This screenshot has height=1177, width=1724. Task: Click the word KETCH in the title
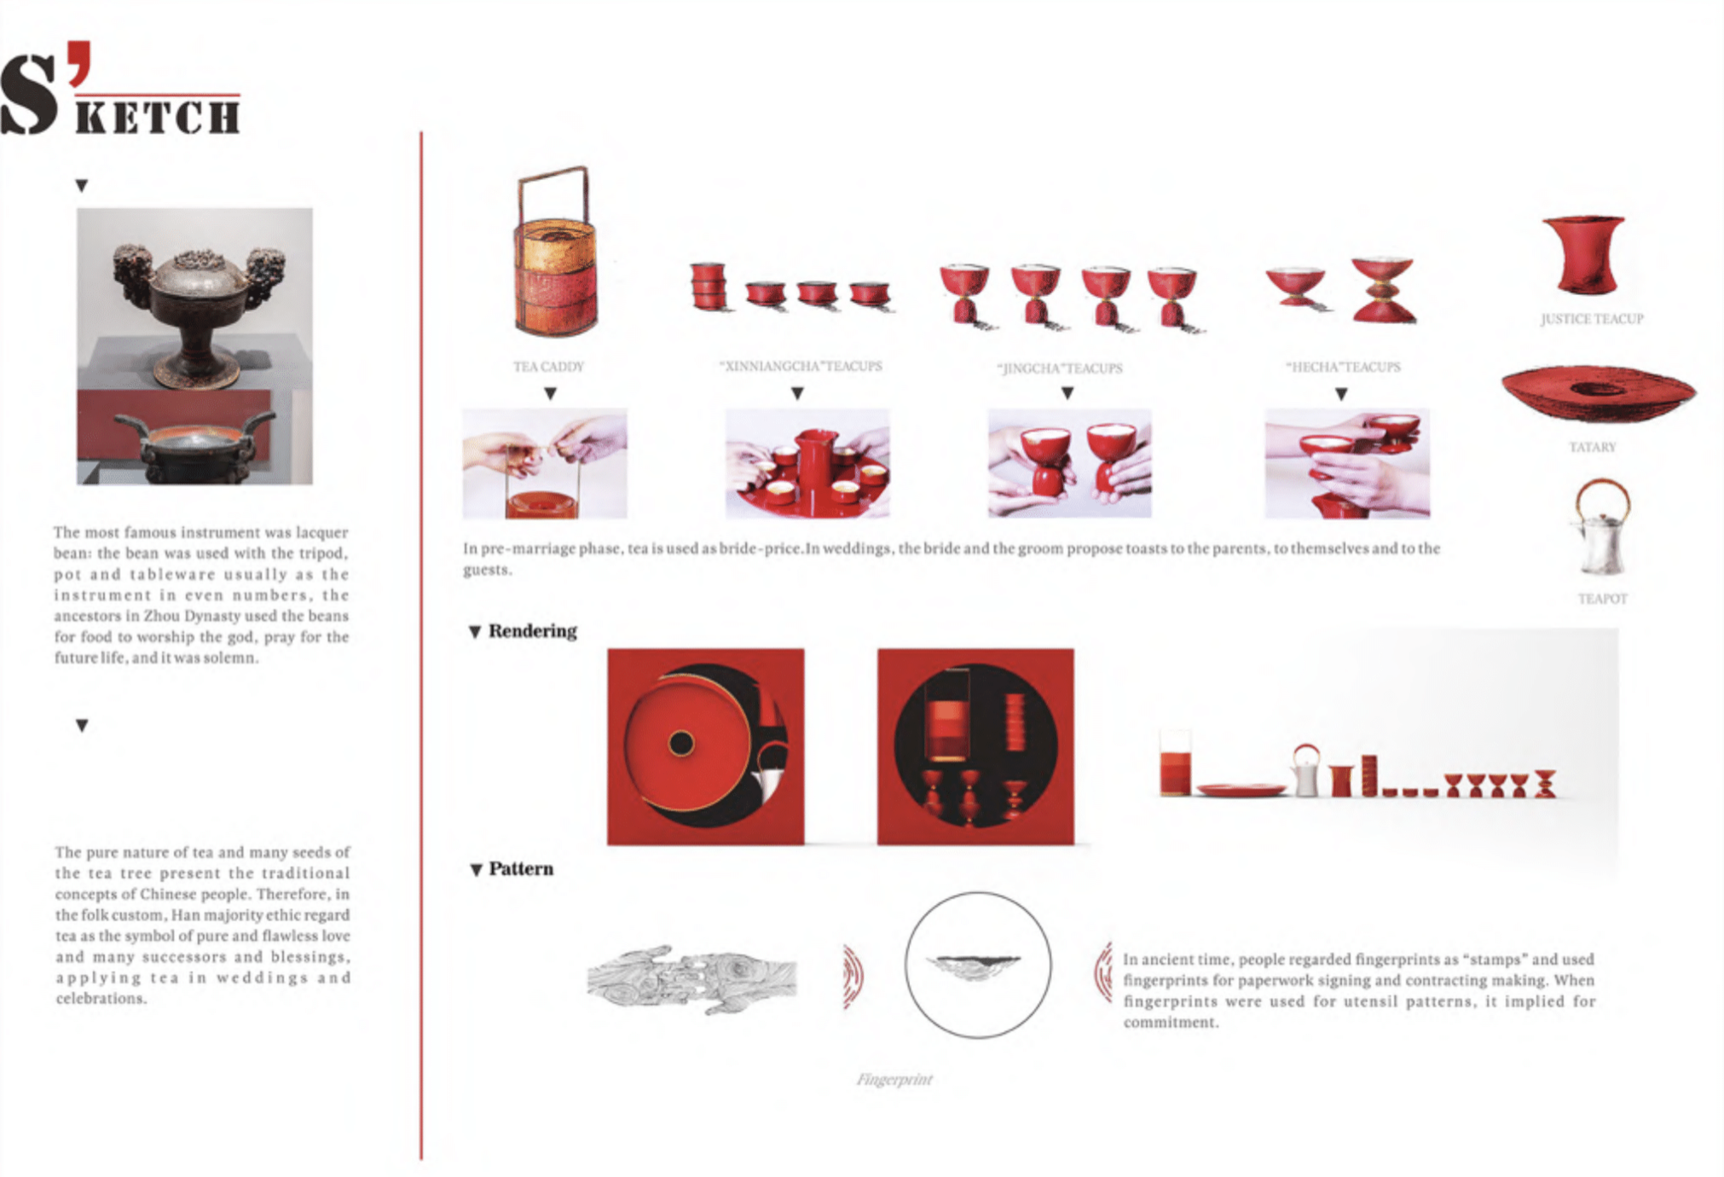158,117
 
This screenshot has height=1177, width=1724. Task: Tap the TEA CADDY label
548,367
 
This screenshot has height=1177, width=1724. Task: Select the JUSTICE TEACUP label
1592,319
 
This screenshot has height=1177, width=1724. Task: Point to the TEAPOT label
1602,599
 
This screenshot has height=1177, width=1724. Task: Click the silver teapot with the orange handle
1602,527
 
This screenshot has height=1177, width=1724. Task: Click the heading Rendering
533,631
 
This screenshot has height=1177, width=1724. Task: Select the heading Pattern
521,869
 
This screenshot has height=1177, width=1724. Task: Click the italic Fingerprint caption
894,1080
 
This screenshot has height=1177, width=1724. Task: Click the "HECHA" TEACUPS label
1343,367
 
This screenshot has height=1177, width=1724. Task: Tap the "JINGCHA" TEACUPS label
1060,368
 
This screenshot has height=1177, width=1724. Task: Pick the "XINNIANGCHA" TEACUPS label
801,366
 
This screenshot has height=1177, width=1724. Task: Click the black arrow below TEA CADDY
551,393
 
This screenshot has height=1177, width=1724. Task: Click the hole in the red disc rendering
681,744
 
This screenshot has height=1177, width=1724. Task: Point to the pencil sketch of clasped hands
691,978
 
